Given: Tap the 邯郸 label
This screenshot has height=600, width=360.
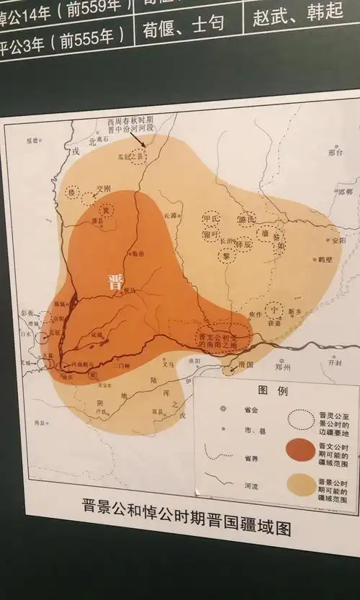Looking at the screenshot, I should tap(343, 192).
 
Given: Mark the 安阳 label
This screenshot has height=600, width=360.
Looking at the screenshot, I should tap(338, 240).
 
